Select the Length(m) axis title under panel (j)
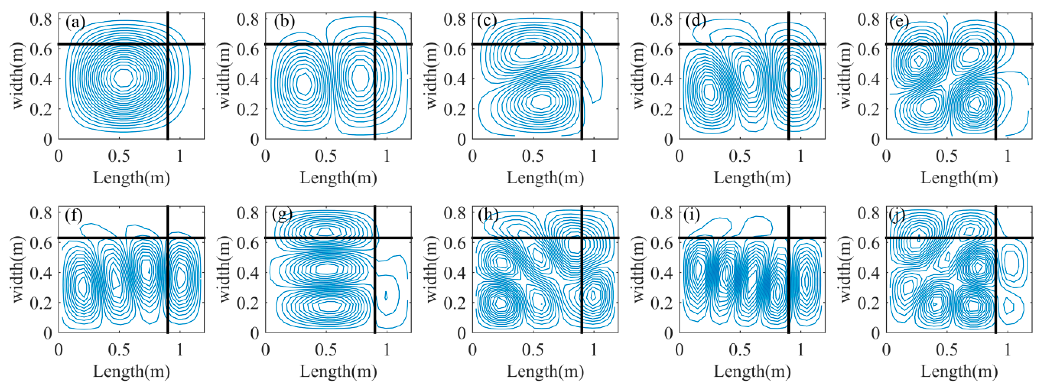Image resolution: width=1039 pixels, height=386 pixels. tap(959, 371)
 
